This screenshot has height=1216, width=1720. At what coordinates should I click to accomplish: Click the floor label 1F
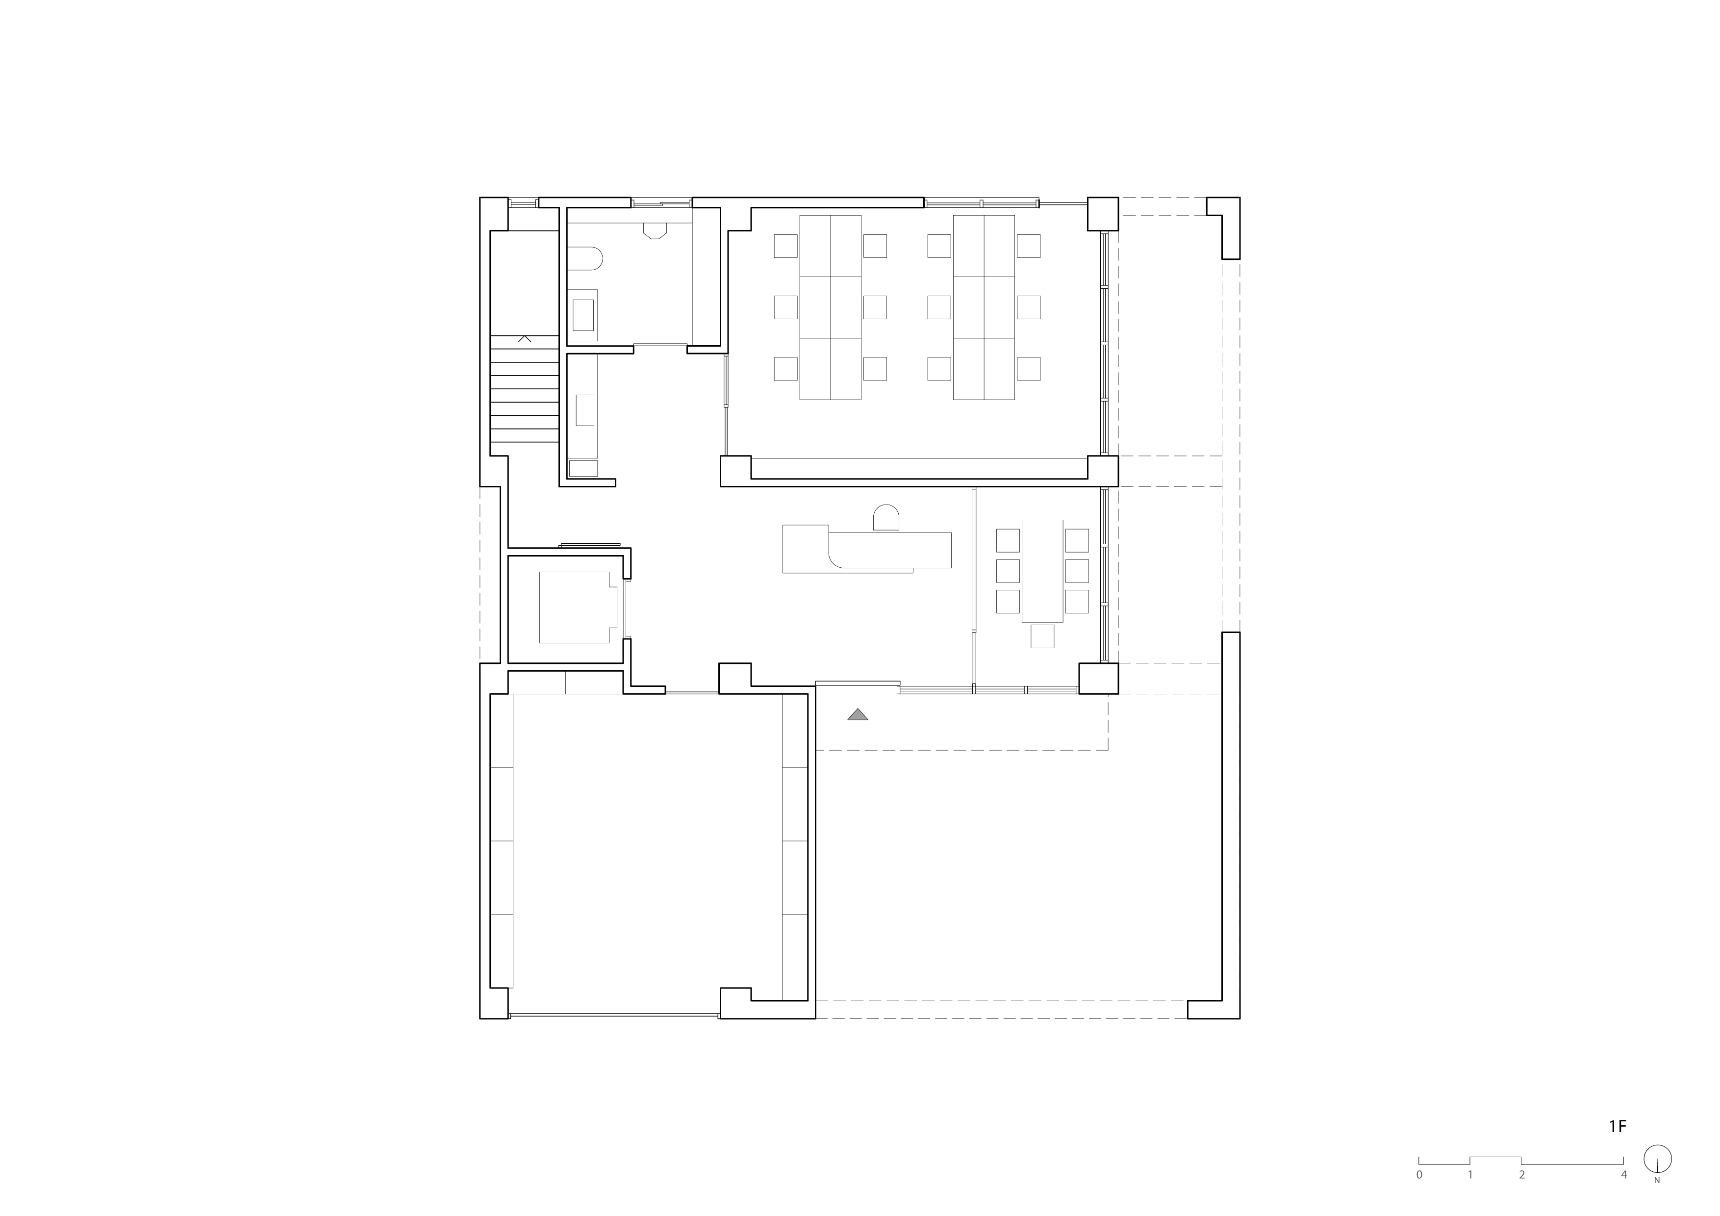[x=1618, y=1147]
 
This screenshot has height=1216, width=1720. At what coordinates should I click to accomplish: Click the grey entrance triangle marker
[x=858, y=715]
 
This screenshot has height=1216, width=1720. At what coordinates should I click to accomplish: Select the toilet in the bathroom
[x=584, y=258]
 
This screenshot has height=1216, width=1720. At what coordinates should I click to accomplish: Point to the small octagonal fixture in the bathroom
[x=655, y=231]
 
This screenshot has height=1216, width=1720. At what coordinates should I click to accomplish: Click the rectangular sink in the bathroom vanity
[x=583, y=315]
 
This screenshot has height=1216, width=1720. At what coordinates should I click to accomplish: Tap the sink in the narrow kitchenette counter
[x=584, y=410]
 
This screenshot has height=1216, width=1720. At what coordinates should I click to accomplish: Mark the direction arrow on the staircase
[x=525, y=339]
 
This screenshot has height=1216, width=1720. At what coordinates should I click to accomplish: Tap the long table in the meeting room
[x=1042, y=571]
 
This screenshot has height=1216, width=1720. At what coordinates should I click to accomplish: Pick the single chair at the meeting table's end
[x=1042, y=636]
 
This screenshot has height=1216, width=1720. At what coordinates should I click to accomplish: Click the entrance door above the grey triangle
[x=858, y=683]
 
